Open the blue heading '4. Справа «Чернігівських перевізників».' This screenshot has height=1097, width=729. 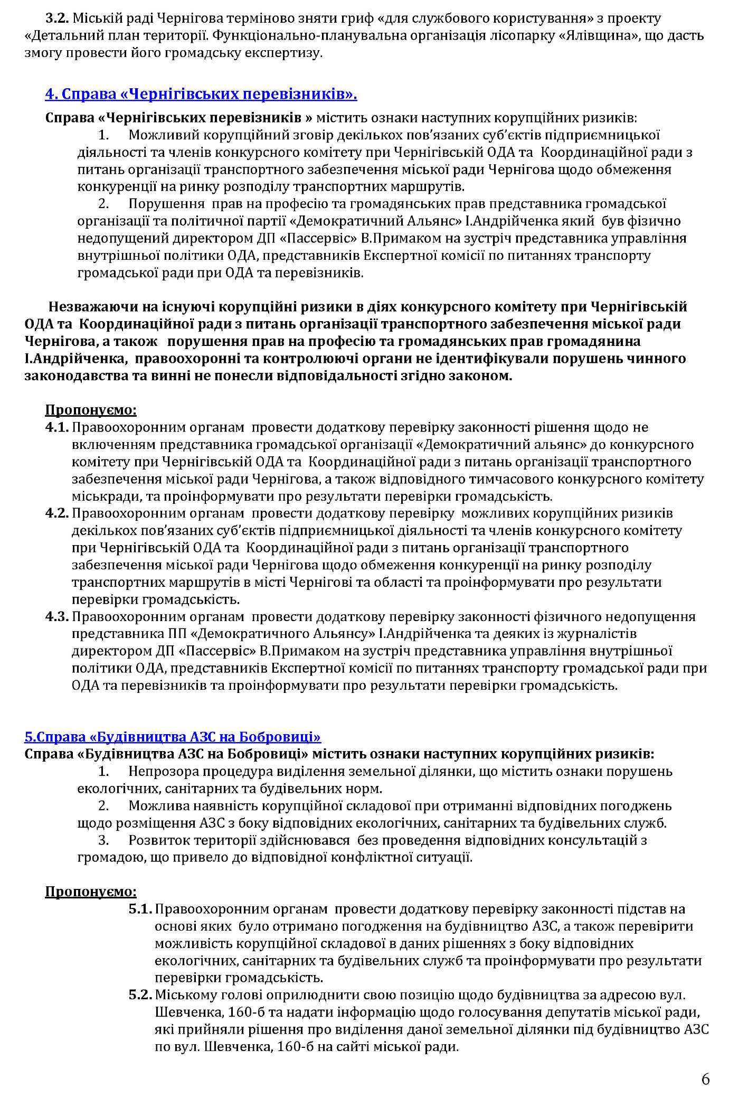pyautogui.click(x=201, y=95)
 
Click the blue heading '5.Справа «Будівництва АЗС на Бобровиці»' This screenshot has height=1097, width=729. pyautogui.click(x=173, y=737)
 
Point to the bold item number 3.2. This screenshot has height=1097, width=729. pyautogui.click(x=57, y=19)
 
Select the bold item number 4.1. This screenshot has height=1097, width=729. pyautogui.click(x=57, y=427)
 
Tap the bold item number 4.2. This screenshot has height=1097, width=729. pyautogui.click(x=57, y=513)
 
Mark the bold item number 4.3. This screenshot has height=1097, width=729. pyautogui.click(x=57, y=616)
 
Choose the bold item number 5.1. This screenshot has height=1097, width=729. pyautogui.click(x=140, y=909)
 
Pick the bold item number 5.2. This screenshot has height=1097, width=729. pyautogui.click(x=140, y=995)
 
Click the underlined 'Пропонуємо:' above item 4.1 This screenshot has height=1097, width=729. pyautogui.click(x=91, y=410)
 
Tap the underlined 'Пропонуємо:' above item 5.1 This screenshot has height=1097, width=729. pyautogui.click(x=91, y=892)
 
